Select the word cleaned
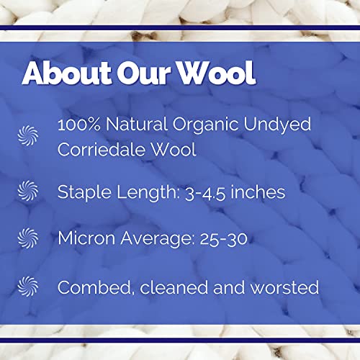click(176, 287)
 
